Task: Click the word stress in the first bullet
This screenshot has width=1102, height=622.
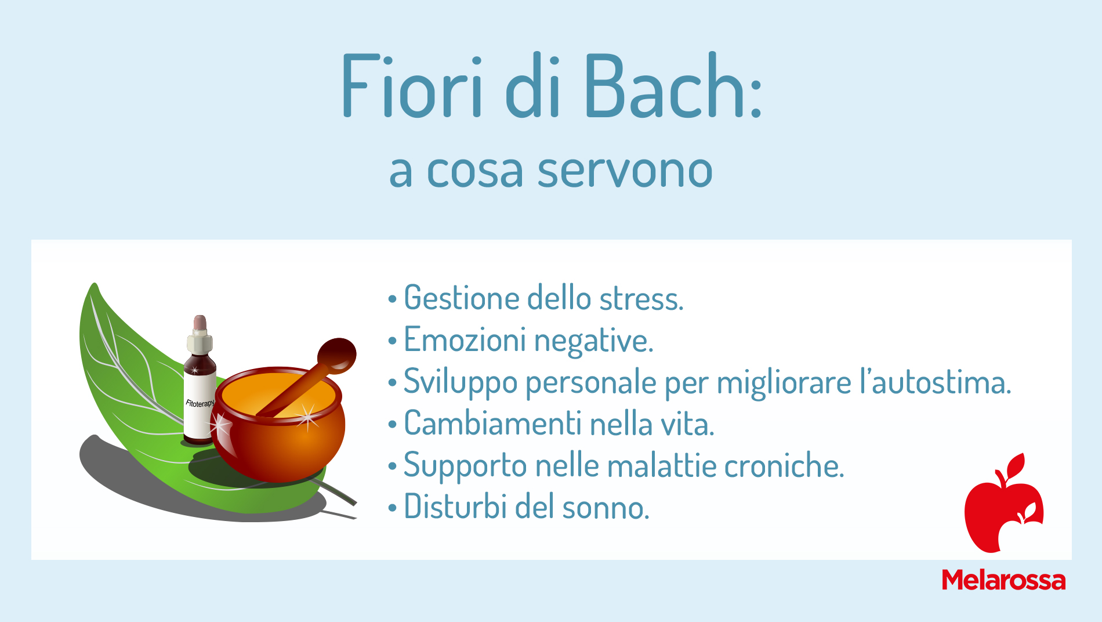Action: click(x=641, y=299)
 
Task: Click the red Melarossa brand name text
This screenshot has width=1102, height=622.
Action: click(x=1003, y=580)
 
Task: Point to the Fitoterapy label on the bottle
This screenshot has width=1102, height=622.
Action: click(x=200, y=403)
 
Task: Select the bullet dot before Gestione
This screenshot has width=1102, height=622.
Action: click(x=393, y=299)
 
